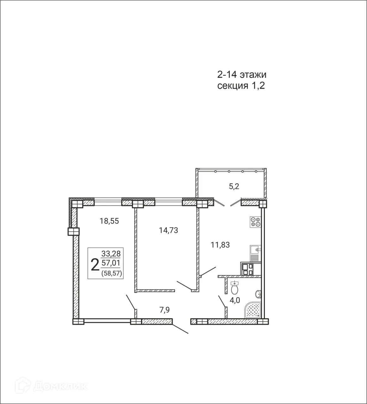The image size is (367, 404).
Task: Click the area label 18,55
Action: (109, 221)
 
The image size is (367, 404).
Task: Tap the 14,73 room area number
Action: (168, 230)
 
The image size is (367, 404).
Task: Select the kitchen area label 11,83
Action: (220, 245)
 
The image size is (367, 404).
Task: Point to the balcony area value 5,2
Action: (234, 187)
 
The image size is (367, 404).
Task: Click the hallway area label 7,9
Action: (165, 310)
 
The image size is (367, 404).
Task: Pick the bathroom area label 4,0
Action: (235, 300)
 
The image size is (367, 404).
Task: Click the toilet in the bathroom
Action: (235, 288)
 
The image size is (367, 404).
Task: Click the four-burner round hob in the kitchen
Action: (255, 222)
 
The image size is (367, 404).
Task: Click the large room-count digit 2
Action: (95, 264)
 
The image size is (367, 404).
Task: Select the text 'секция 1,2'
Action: (241, 86)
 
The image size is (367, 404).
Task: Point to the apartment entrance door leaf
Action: (180, 329)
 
